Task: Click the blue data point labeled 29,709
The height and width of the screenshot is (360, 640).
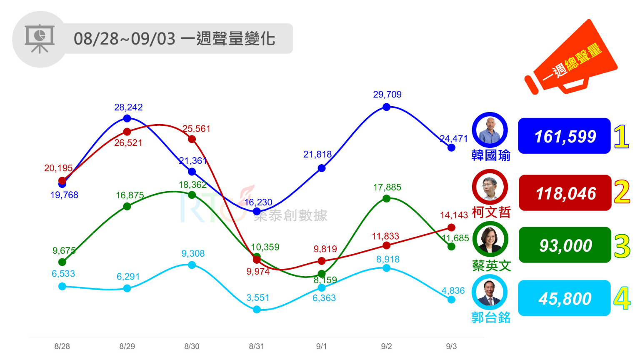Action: pos(386,107)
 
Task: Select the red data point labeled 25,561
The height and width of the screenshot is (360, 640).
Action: pos(192,139)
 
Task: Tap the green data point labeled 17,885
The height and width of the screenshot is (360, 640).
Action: pos(386,199)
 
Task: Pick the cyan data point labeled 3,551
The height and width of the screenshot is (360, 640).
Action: pos(257,310)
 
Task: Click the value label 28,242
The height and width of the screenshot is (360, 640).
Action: pos(128,107)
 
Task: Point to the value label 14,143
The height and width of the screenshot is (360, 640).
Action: pos(454,215)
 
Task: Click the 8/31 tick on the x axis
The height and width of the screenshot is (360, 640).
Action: pos(256,346)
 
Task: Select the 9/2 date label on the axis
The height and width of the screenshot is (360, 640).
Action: pos(386,346)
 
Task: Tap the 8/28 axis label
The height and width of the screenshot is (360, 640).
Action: pos(62,346)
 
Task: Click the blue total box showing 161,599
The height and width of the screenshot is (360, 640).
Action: pos(564,136)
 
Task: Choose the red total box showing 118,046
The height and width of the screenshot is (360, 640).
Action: pos(565,193)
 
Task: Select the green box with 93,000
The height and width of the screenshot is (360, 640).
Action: pos(565,245)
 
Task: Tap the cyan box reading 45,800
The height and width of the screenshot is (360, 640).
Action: pos(564,298)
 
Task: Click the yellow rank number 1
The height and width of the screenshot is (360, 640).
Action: pos(621,137)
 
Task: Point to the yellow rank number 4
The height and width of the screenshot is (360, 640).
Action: pos(622,299)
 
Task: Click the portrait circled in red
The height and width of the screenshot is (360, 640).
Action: pos(490,187)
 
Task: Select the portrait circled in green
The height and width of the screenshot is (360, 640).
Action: pos(490,240)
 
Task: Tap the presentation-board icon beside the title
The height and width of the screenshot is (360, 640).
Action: pos(40,39)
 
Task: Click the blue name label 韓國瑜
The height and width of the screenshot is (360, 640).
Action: pos(491,155)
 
